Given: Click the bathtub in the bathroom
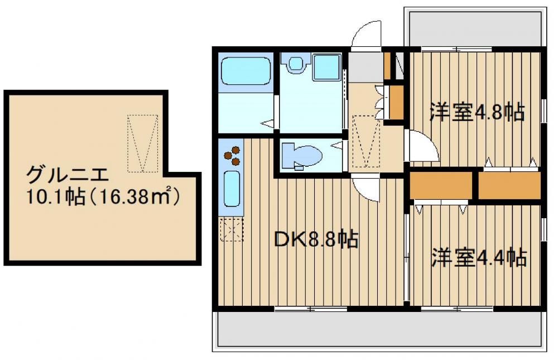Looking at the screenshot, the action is tap(245, 71).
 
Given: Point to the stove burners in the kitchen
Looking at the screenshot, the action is tap(232, 155).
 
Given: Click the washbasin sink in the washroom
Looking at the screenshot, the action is tap(295, 63).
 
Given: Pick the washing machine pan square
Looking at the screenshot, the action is tap(326, 67).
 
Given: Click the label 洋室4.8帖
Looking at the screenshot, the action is tap(477, 112).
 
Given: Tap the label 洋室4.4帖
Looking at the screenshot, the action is tap(479, 257).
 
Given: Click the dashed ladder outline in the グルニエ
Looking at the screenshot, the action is tap(143, 143).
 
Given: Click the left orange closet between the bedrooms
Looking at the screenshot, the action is tap(441, 185).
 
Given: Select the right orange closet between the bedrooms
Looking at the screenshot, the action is tap(509, 185).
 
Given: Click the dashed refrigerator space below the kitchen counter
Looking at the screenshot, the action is tap(232, 229).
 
